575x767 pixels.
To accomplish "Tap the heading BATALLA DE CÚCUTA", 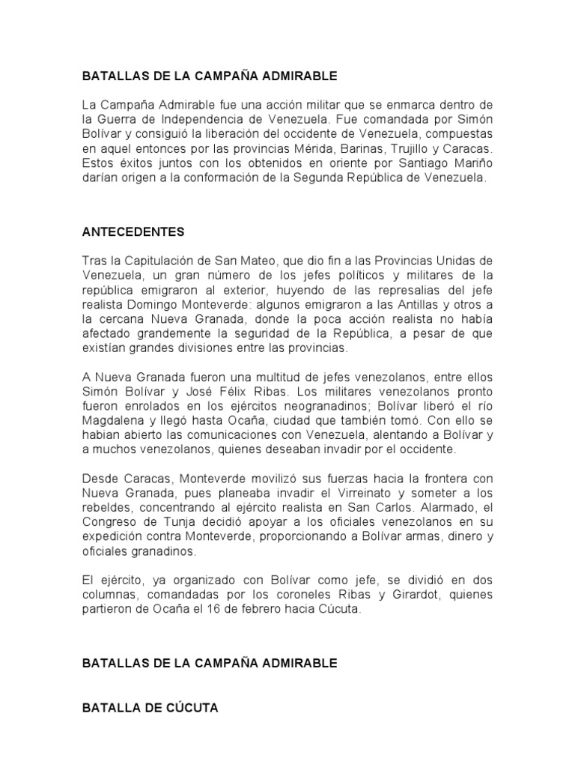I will tap(150, 707).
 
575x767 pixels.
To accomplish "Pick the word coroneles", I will tap(291, 595).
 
